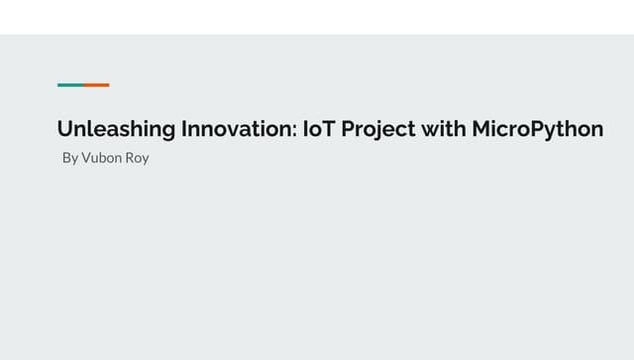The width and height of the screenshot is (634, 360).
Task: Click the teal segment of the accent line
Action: (x=70, y=85)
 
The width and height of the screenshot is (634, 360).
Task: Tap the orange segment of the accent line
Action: (x=96, y=85)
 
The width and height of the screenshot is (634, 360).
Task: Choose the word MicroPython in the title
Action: (x=537, y=129)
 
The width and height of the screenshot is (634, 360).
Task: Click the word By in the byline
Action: (x=70, y=158)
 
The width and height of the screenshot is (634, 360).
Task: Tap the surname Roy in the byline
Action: (x=137, y=158)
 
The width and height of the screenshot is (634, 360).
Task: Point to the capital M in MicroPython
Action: (x=482, y=129)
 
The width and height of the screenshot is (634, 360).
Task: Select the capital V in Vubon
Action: (x=86, y=158)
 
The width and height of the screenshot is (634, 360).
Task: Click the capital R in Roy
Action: (x=130, y=158)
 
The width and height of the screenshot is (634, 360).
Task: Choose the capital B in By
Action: (x=67, y=158)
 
